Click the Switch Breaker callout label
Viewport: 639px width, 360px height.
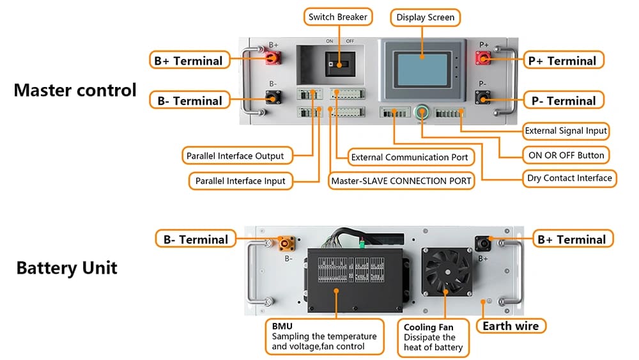(x=338, y=17)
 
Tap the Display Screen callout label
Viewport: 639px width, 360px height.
(x=425, y=17)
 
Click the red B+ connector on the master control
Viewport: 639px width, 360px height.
(x=273, y=58)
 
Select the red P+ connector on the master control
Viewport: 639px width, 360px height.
(x=483, y=58)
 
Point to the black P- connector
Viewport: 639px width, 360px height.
(x=483, y=98)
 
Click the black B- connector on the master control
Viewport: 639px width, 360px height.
(x=273, y=97)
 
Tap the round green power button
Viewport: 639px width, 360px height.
(x=422, y=112)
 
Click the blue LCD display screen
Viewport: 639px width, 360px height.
(x=422, y=69)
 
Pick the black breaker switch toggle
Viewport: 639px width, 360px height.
(x=340, y=64)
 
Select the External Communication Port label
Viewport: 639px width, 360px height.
(x=411, y=157)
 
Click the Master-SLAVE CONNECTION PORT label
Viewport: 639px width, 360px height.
(x=401, y=181)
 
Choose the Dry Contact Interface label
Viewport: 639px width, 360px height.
(x=569, y=178)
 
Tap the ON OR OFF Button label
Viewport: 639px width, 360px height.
(x=566, y=155)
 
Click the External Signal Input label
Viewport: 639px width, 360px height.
(x=566, y=131)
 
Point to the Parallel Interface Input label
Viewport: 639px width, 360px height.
(x=240, y=181)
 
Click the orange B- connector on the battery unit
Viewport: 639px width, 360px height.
(x=286, y=244)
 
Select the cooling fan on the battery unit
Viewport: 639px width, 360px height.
(x=447, y=272)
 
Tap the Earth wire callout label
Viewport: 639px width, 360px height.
(x=511, y=326)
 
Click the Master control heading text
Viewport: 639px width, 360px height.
(x=75, y=90)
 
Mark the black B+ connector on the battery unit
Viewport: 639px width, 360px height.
(x=484, y=244)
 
